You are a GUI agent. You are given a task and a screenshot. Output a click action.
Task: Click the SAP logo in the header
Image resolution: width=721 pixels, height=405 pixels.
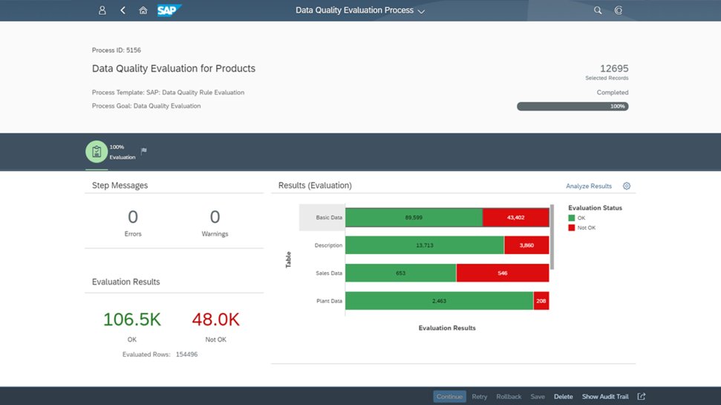(x=169, y=10)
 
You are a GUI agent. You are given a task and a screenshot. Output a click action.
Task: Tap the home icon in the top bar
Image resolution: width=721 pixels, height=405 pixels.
(x=143, y=10)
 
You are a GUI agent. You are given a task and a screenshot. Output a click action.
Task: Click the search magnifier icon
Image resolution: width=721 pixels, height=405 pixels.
(x=598, y=10)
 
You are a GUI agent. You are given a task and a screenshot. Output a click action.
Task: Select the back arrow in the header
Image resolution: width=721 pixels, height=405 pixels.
(x=123, y=10)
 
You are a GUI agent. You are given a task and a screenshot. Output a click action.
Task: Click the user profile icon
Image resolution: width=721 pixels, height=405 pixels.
(x=102, y=10)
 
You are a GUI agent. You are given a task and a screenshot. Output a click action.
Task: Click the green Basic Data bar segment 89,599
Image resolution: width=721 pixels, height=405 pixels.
(x=414, y=217)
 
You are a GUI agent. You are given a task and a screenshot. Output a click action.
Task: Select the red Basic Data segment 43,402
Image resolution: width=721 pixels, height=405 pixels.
(x=516, y=217)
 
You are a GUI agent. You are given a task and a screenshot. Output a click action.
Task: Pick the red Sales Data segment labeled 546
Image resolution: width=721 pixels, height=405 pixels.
(x=503, y=273)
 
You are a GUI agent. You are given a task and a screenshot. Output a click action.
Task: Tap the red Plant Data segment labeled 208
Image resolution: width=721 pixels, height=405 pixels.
(x=541, y=301)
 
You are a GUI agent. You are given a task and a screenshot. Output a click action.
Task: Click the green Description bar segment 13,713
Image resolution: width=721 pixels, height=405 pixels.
(x=425, y=245)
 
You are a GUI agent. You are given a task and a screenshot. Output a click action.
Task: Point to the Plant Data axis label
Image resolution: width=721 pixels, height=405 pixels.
(x=329, y=301)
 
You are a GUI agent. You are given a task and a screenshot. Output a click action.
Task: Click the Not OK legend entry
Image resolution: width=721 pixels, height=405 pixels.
(x=581, y=228)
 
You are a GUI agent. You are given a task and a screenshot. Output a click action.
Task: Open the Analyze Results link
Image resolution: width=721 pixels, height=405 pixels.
(x=589, y=186)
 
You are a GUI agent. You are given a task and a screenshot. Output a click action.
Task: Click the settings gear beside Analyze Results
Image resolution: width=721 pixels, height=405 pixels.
(x=627, y=186)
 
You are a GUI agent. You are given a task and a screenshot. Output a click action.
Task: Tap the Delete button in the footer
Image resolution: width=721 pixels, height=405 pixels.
(x=564, y=397)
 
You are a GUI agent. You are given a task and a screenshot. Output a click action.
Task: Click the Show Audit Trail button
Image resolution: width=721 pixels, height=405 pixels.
(x=605, y=397)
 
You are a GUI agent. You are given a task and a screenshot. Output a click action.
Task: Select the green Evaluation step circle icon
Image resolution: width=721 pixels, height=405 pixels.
(x=97, y=152)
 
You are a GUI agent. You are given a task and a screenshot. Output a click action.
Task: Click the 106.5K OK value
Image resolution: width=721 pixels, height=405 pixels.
(x=132, y=320)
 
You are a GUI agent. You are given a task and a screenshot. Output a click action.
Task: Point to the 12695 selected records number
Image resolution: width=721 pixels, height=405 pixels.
(x=614, y=68)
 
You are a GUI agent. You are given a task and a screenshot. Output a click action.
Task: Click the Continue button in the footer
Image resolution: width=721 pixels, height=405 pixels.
(x=450, y=397)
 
